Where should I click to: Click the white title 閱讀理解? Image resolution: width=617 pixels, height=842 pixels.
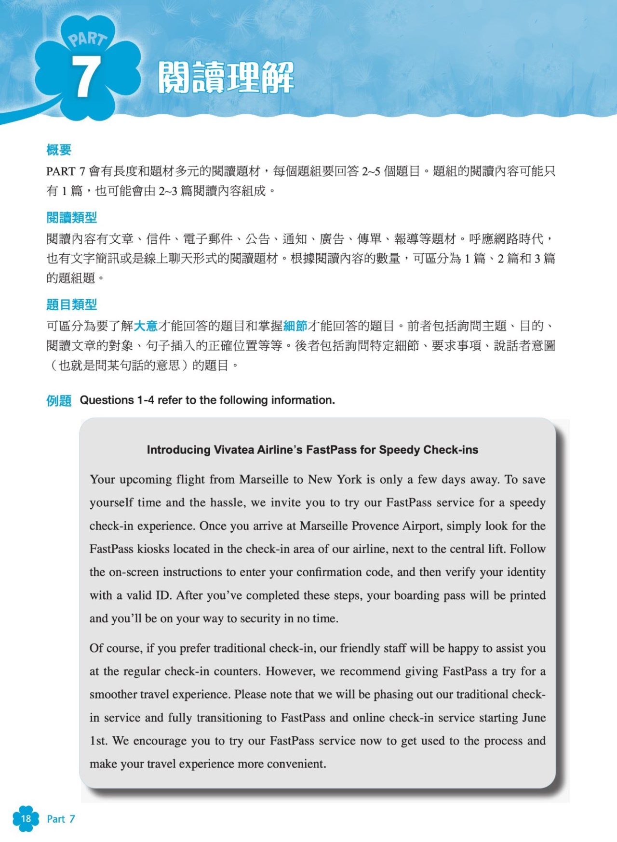tap(226, 77)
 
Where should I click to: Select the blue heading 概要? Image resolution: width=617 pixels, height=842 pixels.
tap(59, 150)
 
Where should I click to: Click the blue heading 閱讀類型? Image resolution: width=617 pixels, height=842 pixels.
tap(71, 217)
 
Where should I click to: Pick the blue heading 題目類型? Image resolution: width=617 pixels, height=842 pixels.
tap(71, 304)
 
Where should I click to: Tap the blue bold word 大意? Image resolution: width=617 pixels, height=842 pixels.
tap(146, 326)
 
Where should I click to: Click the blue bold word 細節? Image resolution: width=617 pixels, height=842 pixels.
tap(295, 326)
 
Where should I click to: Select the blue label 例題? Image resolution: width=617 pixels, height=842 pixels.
tap(59, 400)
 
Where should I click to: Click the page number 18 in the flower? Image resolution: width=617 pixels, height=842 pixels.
tap(26, 818)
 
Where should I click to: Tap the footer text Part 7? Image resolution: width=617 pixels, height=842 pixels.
tap(61, 819)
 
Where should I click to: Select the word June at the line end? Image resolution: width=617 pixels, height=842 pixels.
tap(534, 718)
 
